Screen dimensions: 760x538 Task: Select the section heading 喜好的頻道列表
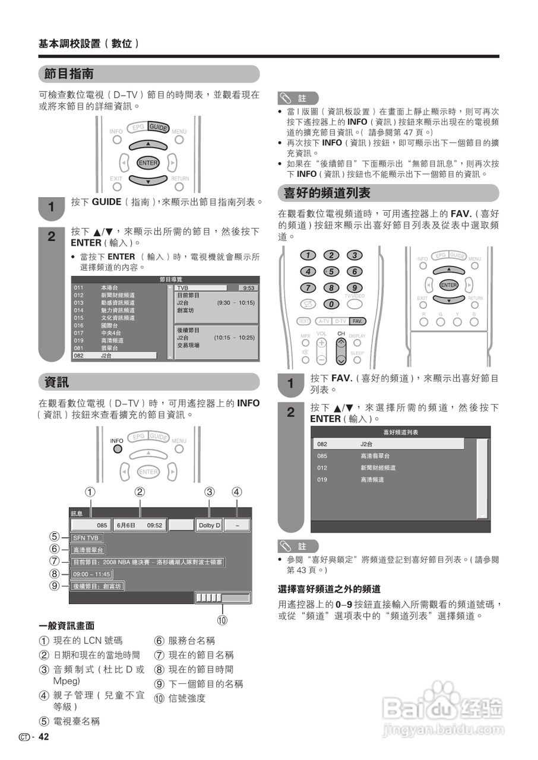point(327,194)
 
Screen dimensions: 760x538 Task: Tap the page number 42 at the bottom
point(43,737)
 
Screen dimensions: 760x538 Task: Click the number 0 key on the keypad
point(331,304)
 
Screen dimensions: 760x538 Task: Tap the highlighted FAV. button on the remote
point(357,321)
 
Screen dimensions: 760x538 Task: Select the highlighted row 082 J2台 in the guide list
point(114,356)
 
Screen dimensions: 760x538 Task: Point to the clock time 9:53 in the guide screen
point(248,288)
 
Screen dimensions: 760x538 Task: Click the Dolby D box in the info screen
point(209,525)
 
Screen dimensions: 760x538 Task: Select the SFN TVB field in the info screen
point(87,538)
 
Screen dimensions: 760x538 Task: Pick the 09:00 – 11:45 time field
point(91,574)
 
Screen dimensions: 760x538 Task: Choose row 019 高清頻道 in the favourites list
point(388,480)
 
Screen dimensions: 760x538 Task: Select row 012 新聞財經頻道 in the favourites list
point(388,468)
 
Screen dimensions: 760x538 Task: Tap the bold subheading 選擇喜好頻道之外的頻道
point(329,589)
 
